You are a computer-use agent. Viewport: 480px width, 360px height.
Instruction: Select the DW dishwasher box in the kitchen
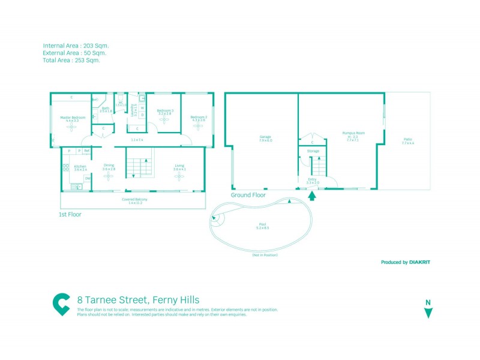[88, 178]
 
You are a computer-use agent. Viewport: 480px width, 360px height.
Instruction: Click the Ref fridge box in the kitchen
[87, 151]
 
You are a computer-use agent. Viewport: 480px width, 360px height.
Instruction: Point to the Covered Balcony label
[134, 199]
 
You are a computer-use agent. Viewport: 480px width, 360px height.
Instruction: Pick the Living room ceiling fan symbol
[179, 176]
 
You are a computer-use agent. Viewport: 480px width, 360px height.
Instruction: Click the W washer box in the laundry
[142, 109]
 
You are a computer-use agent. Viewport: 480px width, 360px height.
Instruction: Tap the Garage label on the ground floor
[265, 137]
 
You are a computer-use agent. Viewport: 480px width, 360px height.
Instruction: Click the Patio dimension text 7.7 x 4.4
[407, 143]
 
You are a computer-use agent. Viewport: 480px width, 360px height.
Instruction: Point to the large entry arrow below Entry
[311, 194]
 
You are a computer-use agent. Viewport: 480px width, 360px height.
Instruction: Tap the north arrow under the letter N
[428, 313]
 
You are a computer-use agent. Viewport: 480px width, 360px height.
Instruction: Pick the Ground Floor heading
[248, 195]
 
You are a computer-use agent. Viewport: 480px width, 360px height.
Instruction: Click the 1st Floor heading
[70, 214]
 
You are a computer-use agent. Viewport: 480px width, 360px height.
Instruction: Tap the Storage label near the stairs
[313, 151]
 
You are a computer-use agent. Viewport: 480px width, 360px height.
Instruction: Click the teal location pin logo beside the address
[61, 304]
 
